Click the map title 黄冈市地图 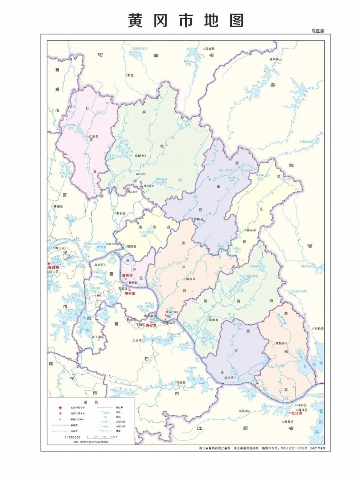pyautogui.click(x=186, y=21)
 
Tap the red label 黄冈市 pyautogui.click(x=127, y=276)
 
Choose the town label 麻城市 pyautogui.click(x=139, y=155)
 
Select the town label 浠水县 pyautogui.click(x=191, y=279)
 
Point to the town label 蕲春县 pyautogui.click(x=213, y=320)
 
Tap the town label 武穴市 pyautogui.click(x=229, y=378)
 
